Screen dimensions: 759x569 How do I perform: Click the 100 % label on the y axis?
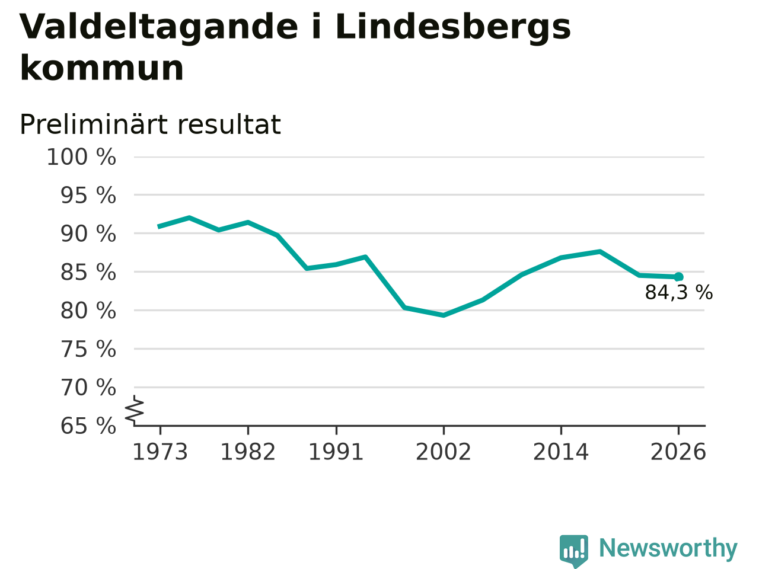coord(81,158)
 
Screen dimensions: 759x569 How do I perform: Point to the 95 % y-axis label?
coord(88,196)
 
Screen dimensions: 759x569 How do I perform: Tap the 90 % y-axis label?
coord(88,234)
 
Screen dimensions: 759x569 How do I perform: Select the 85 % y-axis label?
coord(88,273)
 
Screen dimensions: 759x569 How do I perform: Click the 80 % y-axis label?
coord(88,311)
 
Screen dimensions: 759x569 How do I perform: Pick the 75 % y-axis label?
coord(88,349)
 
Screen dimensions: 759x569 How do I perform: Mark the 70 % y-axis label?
coord(88,388)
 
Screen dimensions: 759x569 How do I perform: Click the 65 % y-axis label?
coord(88,426)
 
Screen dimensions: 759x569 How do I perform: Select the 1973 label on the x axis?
coord(160,452)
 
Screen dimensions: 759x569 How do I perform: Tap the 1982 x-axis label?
coord(248,452)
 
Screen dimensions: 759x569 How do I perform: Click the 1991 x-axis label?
coord(336,452)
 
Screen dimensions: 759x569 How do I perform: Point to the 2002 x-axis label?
coord(444,452)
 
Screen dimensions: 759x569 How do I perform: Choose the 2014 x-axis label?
coord(561,452)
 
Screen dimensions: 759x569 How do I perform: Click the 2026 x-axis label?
coord(678,452)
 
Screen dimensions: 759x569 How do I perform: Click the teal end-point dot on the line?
coord(678,277)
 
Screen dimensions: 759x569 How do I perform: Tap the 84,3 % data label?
coord(679,293)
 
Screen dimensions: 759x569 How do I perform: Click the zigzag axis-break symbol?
coord(135,410)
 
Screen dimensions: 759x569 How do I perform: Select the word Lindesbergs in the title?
coord(453,28)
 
